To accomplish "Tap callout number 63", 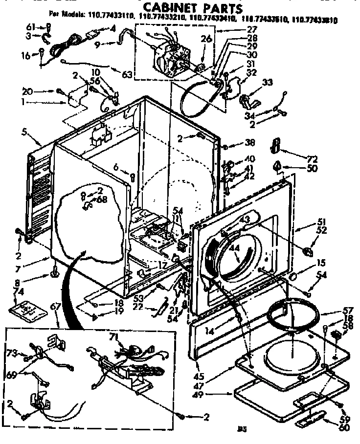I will [128, 75].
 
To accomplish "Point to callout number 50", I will [312, 168].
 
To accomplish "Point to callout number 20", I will [28, 91].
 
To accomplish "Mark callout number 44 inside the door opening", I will [234, 248].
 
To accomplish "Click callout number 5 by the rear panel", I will [23, 131].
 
